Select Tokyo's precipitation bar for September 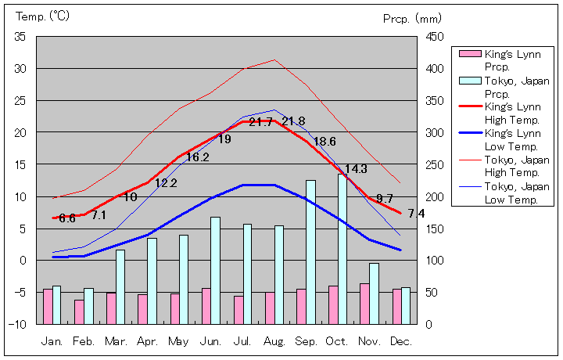tap(310, 252)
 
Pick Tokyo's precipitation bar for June tap(215, 270)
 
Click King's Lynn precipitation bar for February tap(79, 311)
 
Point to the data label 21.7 tap(261, 122)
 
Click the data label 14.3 tap(356, 168)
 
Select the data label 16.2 tap(197, 157)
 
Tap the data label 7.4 tap(416, 214)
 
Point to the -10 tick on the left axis tap(18, 324)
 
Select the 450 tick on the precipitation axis tap(436, 37)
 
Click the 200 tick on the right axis tap(436, 196)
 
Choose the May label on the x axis tap(179, 341)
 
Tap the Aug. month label tap(274, 341)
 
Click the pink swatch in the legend tap(468, 53)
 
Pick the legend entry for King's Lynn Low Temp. tap(512, 139)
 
